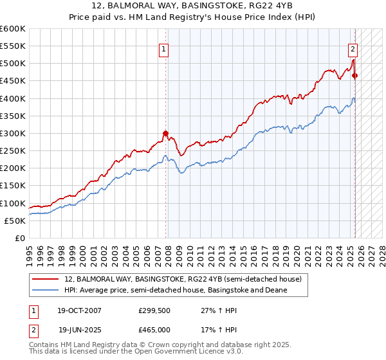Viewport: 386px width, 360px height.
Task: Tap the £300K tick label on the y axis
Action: click(13, 133)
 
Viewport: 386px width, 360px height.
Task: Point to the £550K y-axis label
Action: click(13, 46)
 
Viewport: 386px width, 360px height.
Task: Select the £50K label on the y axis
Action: click(15, 221)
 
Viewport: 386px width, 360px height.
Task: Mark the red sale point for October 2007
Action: click(165, 134)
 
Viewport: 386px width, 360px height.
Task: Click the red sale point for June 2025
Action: click(355, 76)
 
